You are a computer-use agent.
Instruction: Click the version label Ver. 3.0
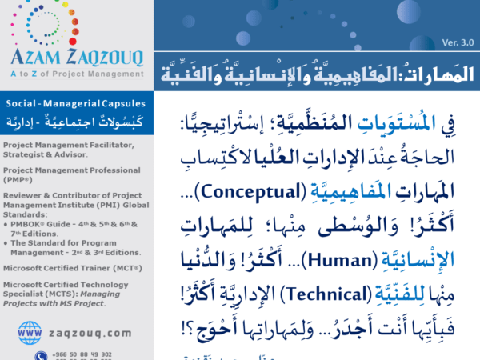(457, 42)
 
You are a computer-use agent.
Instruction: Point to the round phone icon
(41, 355)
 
